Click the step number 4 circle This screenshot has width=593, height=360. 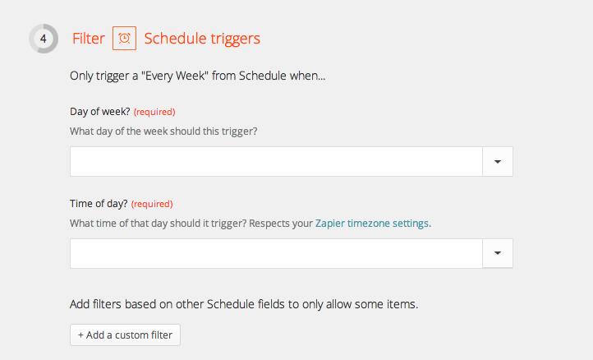pyautogui.click(x=44, y=39)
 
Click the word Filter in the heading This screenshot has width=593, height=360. pyautogui.click(x=89, y=39)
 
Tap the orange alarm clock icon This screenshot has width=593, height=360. pyautogui.click(x=124, y=39)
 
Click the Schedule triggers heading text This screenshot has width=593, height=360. pyautogui.click(x=202, y=39)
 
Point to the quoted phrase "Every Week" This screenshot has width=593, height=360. pyautogui.click(x=175, y=76)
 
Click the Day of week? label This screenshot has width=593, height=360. pyautogui.click(x=100, y=112)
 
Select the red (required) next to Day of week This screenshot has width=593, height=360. pyautogui.click(x=154, y=112)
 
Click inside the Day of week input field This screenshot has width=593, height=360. pyautogui.click(x=276, y=162)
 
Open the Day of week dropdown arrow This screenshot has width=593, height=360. pyautogui.click(x=498, y=162)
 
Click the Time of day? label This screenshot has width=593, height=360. pyautogui.click(x=99, y=204)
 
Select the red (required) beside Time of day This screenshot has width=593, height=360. pyautogui.click(x=152, y=204)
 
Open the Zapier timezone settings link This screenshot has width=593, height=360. pyautogui.click(x=372, y=224)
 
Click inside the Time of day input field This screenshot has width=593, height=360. pyautogui.click(x=276, y=253)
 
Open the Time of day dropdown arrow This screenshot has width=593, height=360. pyautogui.click(x=498, y=253)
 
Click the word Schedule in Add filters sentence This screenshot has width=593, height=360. pyautogui.click(x=231, y=304)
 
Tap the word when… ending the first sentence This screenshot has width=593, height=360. pyautogui.click(x=307, y=76)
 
